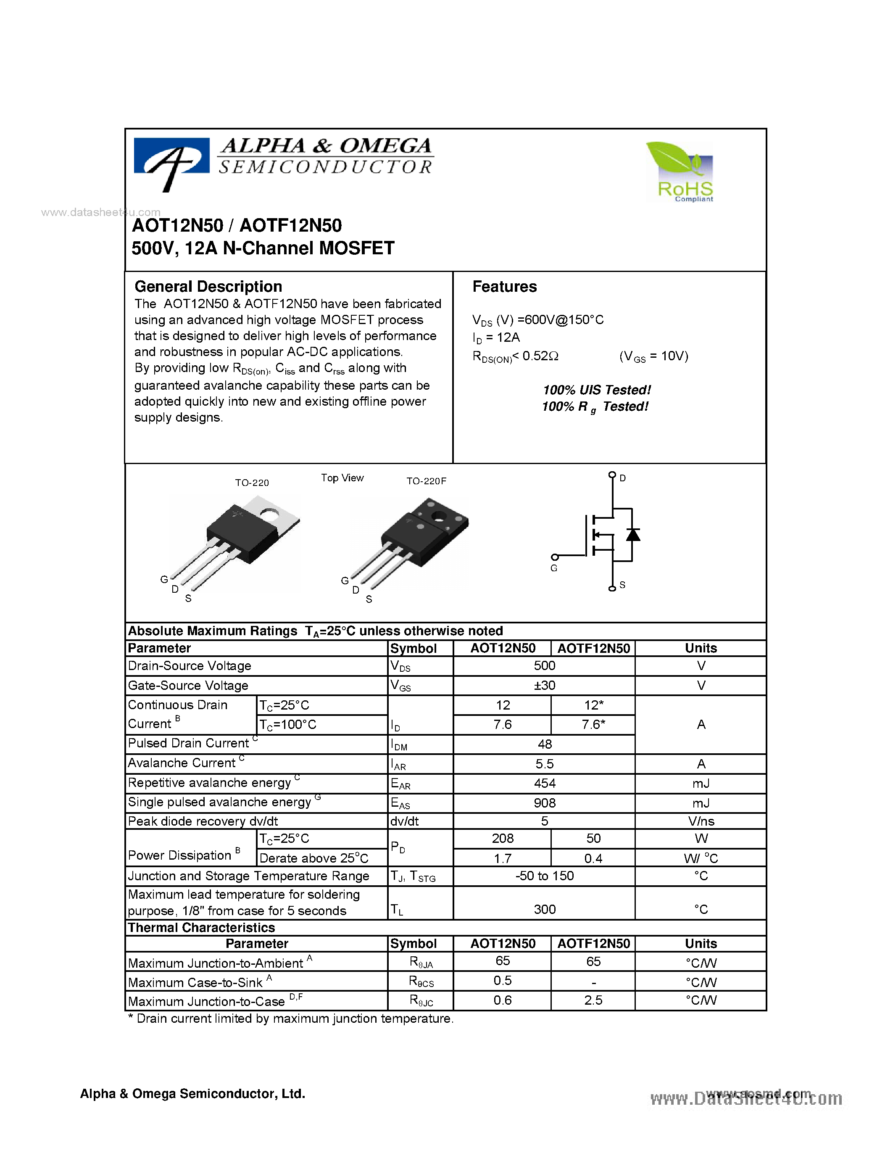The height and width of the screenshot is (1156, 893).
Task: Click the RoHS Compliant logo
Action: (x=680, y=172)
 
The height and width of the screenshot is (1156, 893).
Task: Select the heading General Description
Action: (x=208, y=286)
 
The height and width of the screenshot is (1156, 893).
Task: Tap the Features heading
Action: (x=504, y=286)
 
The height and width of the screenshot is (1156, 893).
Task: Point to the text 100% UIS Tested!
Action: (x=597, y=390)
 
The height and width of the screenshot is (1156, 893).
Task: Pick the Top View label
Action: (x=342, y=478)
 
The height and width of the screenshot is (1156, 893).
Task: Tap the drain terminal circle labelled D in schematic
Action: (x=612, y=475)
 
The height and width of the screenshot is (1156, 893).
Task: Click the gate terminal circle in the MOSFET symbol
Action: (x=554, y=557)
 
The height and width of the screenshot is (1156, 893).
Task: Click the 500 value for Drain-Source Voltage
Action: (x=544, y=665)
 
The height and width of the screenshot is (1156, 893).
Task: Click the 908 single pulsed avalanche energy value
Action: (x=544, y=803)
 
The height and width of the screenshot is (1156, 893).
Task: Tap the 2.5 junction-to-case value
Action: (x=593, y=1000)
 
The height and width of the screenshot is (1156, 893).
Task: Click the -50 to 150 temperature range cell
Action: (x=544, y=876)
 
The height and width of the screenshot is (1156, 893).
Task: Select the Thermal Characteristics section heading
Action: (x=202, y=927)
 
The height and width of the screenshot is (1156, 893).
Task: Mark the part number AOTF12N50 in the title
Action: (x=290, y=225)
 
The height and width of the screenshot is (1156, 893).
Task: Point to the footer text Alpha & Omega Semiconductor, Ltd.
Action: (x=192, y=1093)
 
